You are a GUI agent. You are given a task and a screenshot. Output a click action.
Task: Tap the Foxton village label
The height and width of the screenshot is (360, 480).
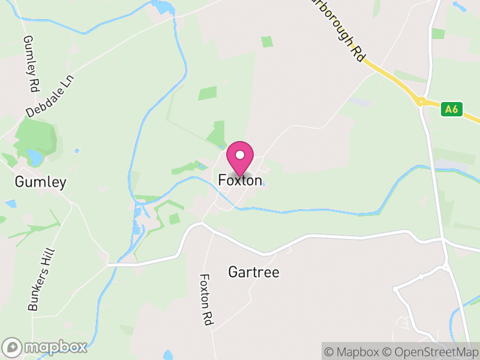tap(240, 180)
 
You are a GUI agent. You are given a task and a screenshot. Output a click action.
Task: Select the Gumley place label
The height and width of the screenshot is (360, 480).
tap(41, 182)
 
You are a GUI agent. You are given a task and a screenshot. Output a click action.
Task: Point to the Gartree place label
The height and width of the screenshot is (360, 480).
tap(254, 272)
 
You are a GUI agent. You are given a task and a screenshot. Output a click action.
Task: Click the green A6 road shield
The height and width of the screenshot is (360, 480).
tap(452, 109)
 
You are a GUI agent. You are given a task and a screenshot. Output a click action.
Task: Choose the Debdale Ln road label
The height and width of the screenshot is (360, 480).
tap(49, 97)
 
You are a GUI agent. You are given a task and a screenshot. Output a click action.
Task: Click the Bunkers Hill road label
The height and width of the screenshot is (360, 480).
tap(41, 280)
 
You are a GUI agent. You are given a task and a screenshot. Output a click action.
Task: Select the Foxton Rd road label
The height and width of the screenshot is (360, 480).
tap(206, 300)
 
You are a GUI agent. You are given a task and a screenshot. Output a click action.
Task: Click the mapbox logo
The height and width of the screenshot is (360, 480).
tap(45, 347)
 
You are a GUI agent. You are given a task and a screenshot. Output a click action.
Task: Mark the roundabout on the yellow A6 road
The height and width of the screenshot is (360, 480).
tap(421, 102)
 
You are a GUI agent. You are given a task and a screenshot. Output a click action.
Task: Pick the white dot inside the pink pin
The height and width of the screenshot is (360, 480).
tap(240, 155)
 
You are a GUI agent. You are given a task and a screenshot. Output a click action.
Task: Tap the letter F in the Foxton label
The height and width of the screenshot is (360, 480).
tap(222, 180)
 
